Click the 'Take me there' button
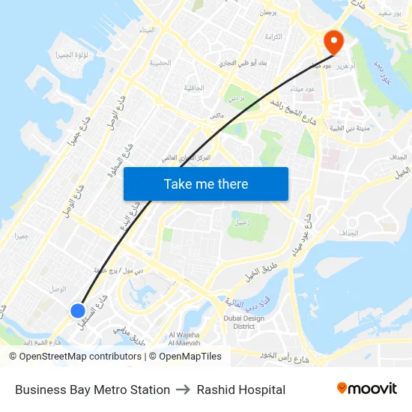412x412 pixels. click(206, 184)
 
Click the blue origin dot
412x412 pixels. click(77, 310)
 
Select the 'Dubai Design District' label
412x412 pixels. click(243, 322)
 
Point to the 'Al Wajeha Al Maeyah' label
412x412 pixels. click(183, 339)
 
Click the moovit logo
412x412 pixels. click(366, 388)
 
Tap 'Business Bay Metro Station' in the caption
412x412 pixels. click(92, 390)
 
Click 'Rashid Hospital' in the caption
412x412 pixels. click(241, 390)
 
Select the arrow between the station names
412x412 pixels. click(184, 390)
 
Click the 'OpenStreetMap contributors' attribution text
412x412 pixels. click(80, 357)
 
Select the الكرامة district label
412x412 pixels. click(273, 37)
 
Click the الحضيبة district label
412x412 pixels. click(160, 63)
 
